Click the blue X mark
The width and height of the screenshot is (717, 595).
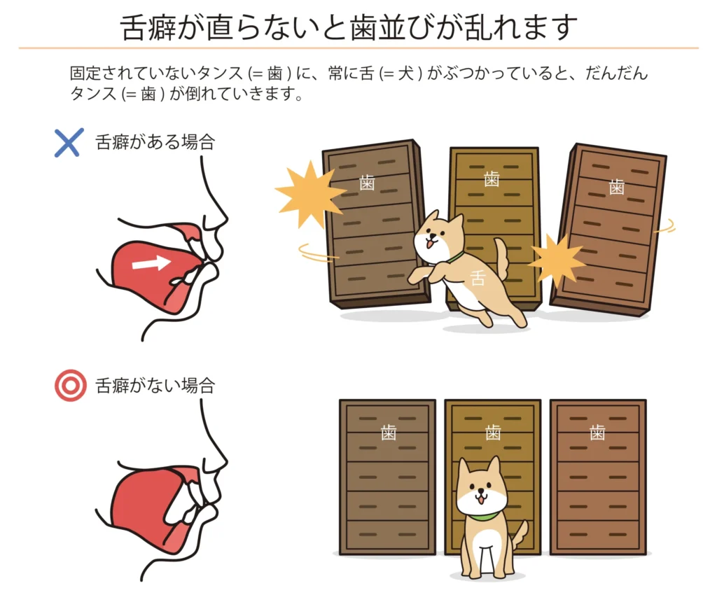[69, 143]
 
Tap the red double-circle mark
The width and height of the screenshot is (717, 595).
[71, 385]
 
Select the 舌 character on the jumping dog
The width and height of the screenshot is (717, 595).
[478, 278]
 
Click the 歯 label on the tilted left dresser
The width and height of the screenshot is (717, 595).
[367, 182]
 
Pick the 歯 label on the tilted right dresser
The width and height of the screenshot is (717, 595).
[616, 187]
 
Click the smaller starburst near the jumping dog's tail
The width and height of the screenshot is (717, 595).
[557, 261]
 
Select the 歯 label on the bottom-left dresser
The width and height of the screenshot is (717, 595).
[388, 432]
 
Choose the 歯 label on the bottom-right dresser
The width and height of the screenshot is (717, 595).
[597, 432]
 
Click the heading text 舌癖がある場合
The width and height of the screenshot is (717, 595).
[155, 142]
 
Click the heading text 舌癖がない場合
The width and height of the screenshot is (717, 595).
[155, 386]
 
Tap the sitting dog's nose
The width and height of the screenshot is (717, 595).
[480, 493]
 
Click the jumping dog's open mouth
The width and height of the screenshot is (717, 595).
[429, 245]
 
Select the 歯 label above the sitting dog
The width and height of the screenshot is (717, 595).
[493, 432]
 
